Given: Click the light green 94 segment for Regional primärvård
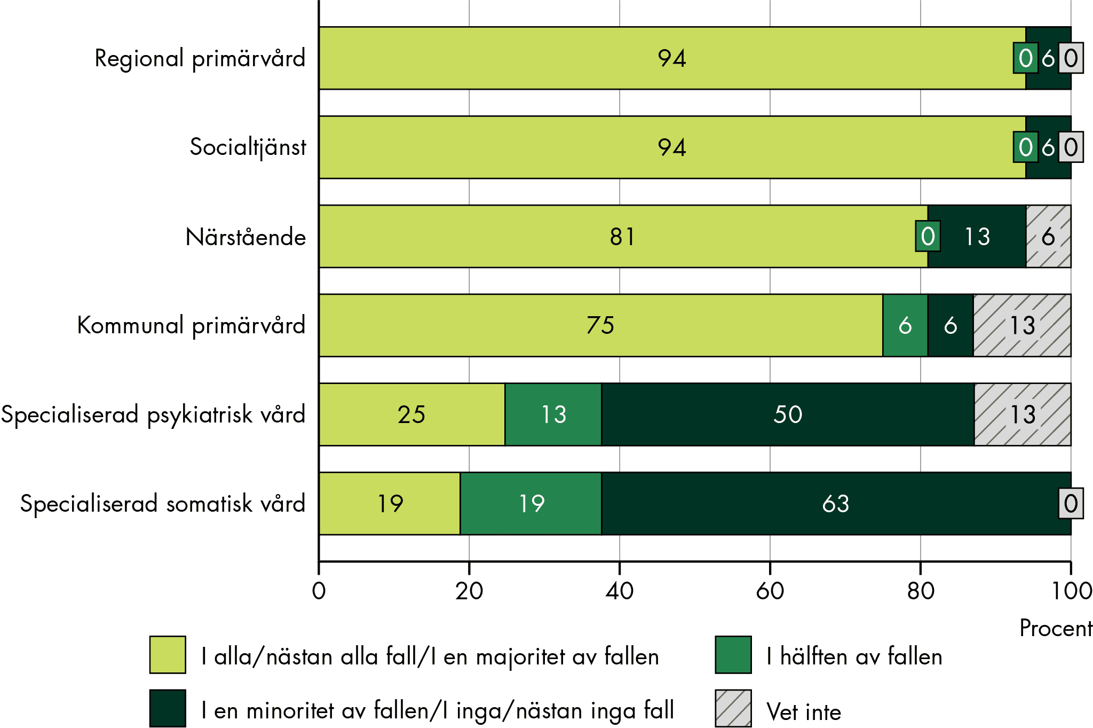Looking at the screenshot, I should tap(671, 58).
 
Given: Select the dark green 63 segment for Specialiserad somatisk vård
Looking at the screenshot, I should tap(835, 504).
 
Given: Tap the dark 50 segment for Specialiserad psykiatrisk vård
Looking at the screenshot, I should tap(787, 414).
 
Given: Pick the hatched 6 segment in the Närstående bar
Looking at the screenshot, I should tap(1048, 237).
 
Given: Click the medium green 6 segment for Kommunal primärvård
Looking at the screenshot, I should tap(905, 325).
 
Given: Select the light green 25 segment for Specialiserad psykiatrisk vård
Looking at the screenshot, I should tap(411, 414).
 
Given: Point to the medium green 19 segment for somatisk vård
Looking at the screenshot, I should tap(531, 504).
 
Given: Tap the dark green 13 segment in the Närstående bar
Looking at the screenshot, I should tap(977, 237).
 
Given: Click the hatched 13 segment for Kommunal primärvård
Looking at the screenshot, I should tap(1022, 325).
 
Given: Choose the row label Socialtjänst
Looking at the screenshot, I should tap(248, 147).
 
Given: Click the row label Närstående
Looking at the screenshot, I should tap(245, 237).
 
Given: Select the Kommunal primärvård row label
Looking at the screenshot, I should tap(191, 325).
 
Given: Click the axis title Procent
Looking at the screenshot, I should tap(1056, 628).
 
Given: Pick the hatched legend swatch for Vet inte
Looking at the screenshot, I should tap(733, 708).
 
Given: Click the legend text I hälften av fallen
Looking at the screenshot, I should tap(854, 656).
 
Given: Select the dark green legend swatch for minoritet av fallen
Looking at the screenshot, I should tap(168, 708).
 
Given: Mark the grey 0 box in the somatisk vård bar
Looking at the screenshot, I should tap(1071, 503).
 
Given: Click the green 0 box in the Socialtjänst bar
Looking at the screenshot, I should tap(1025, 147).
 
